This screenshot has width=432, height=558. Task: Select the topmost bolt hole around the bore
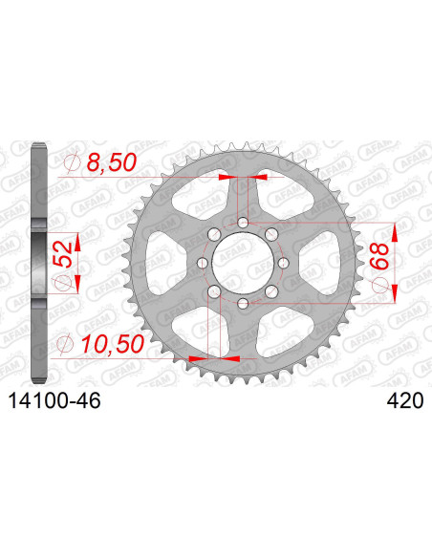(244, 223)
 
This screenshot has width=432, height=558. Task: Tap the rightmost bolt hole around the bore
(284, 257)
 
